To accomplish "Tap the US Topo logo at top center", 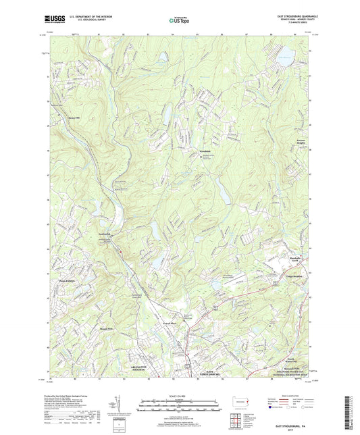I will pyautogui.click(x=179, y=20).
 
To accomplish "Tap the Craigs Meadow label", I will pyautogui.click(x=291, y=277).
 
